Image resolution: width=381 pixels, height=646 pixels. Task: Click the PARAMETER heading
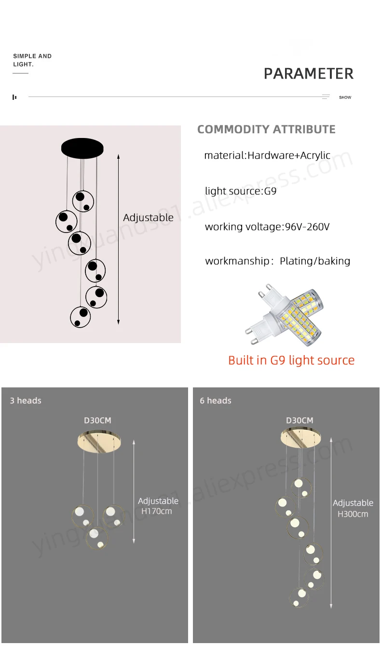[308, 74]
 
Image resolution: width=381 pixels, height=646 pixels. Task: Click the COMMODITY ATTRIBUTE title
[266, 129]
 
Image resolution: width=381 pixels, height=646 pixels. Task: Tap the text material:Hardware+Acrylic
[267, 155]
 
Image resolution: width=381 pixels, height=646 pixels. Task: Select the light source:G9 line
[241, 191]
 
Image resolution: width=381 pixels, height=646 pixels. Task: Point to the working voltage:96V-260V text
[267, 227]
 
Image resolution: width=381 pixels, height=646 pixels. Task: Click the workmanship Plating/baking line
[277, 261]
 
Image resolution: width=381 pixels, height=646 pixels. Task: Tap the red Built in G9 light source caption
[291, 360]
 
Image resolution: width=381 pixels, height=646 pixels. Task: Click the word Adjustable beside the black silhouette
[148, 218]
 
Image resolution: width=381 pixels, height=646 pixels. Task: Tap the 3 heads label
[26, 401]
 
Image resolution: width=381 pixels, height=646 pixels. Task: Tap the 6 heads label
[216, 401]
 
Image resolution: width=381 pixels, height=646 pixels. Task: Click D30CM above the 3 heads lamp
[97, 421]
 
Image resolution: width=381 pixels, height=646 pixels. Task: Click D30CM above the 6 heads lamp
[299, 421]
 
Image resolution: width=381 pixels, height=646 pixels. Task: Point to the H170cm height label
[156, 511]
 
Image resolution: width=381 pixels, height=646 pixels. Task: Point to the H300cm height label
[353, 514]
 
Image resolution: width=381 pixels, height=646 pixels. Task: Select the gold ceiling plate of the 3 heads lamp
[99, 443]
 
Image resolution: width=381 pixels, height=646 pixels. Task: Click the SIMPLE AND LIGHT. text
[32, 60]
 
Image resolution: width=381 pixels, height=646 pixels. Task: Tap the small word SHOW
[345, 97]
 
